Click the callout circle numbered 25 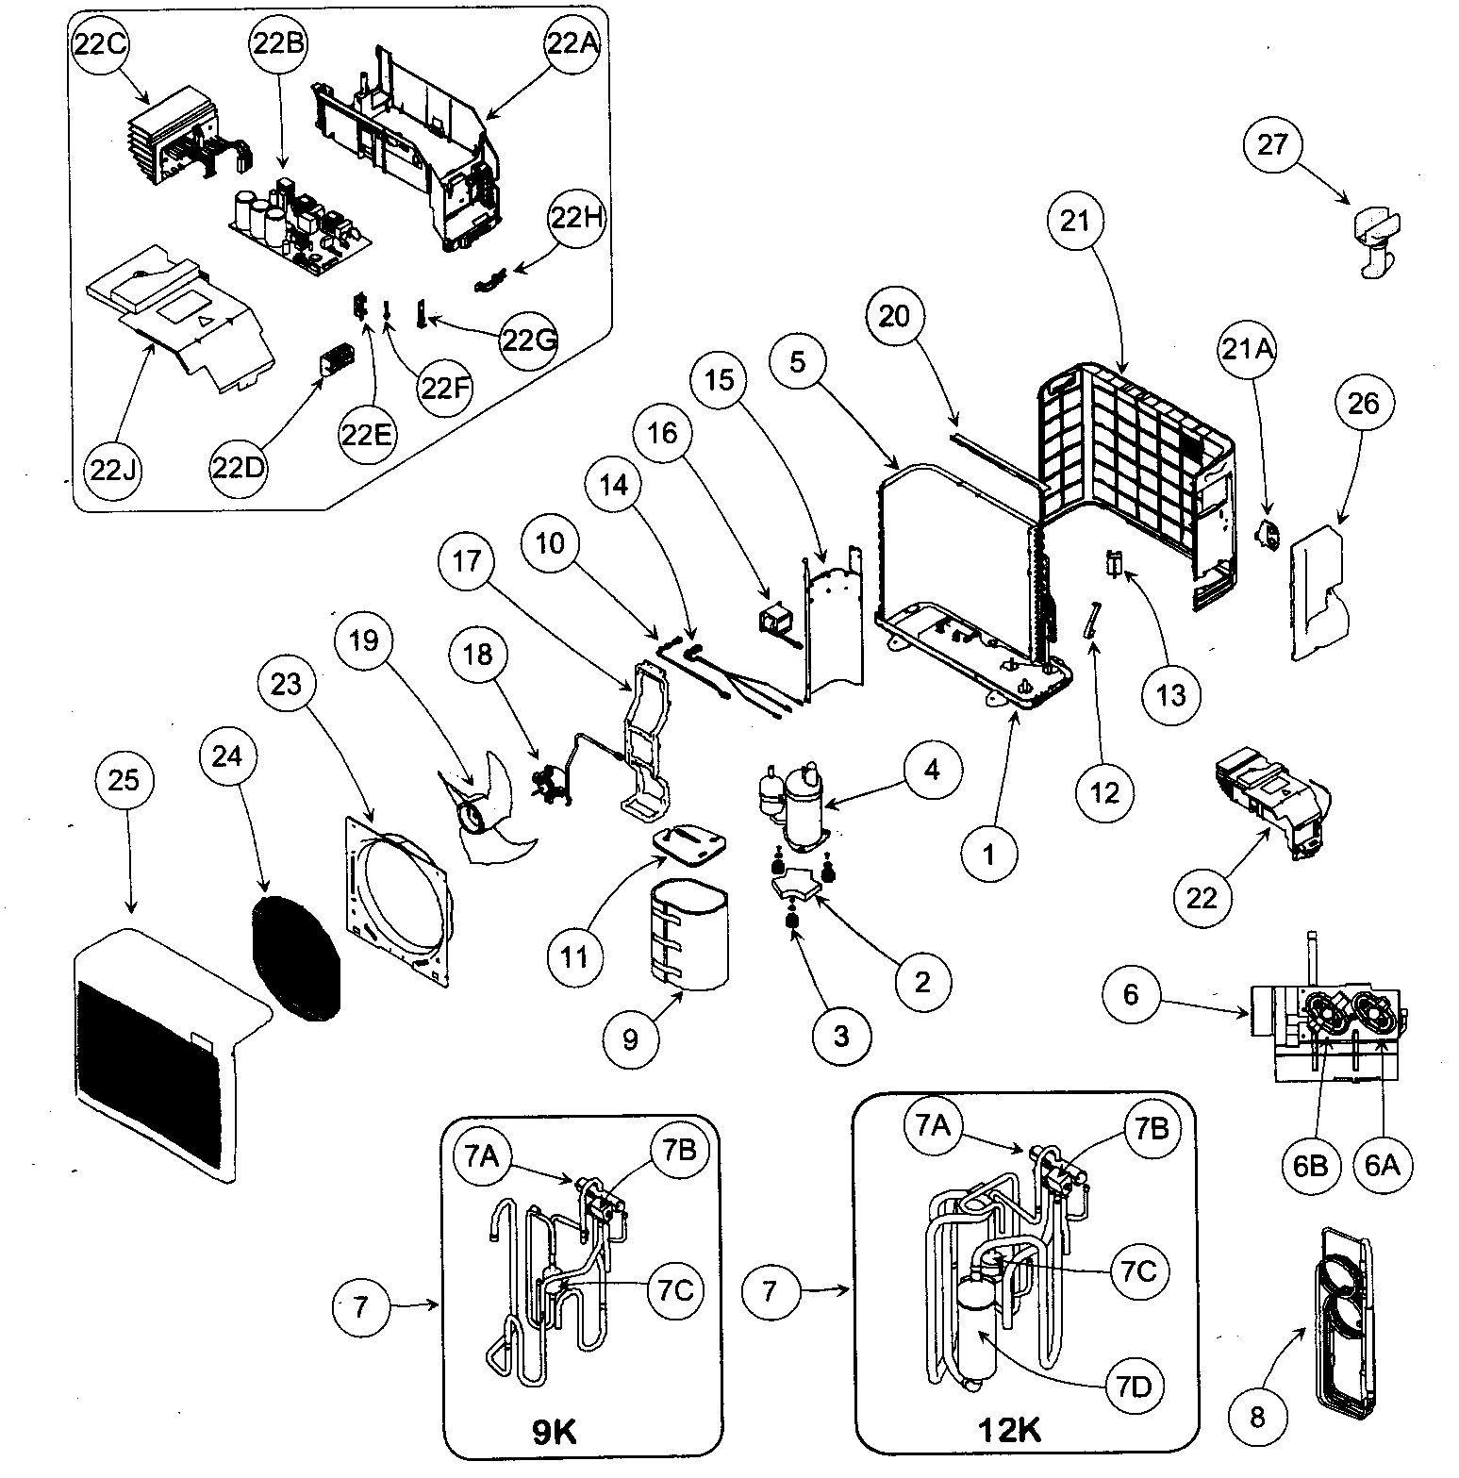click(124, 780)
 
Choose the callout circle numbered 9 click(630, 1038)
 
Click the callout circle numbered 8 click(1256, 1418)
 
